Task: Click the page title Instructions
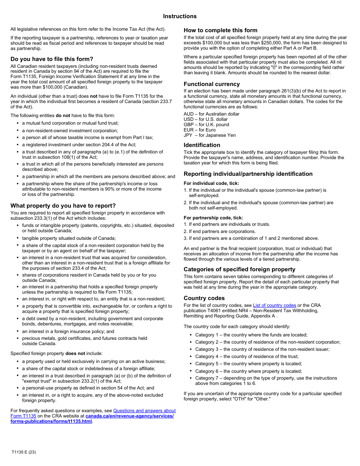[180, 16]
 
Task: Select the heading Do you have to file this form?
[52, 59]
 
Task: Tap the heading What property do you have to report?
[63, 206]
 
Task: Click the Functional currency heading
[211, 84]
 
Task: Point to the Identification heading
[202, 145]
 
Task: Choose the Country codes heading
[204, 298]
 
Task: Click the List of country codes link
[274, 305]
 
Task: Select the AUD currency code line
[211, 114]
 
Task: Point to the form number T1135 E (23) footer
[23, 452]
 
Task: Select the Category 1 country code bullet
[251, 335]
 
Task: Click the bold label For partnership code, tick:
[213, 218]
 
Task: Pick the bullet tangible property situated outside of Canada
[69, 238]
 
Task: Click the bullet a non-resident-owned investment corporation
[70, 130]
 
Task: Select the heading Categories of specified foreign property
[239, 269]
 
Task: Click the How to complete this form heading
[220, 30]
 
